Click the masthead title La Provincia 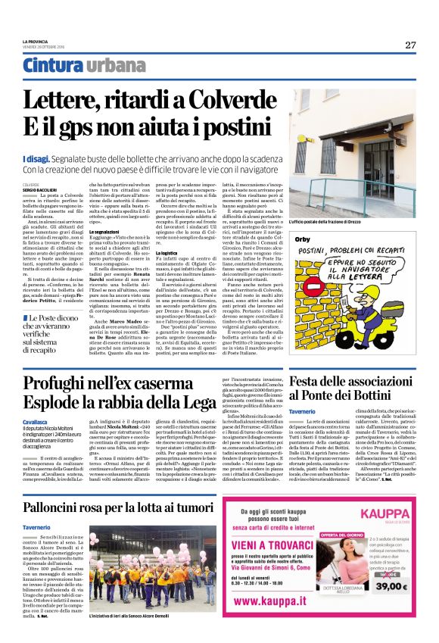36,41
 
